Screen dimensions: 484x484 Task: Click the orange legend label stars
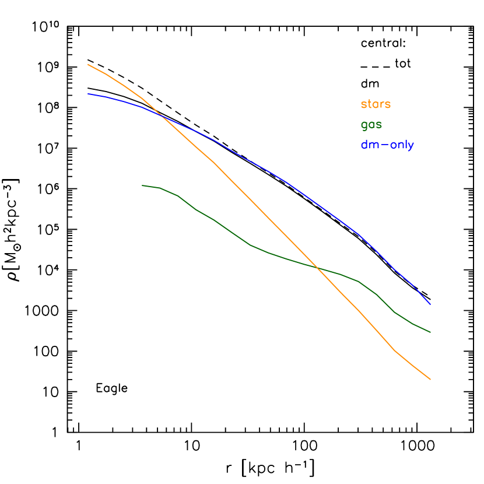(x=376, y=104)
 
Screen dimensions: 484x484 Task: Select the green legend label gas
(x=371, y=125)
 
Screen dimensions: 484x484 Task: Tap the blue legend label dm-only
(x=387, y=145)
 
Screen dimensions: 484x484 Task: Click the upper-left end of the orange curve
(x=87, y=64)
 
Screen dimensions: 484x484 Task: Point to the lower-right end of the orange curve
(x=430, y=380)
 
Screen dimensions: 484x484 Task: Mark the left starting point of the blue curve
(x=88, y=93)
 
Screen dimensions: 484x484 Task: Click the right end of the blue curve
(x=430, y=304)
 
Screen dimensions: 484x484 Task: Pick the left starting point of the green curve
(x=142, y=185)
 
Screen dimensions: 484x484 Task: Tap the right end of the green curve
(x=430, y=332)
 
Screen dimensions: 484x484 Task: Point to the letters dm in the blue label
(x=370, y=145)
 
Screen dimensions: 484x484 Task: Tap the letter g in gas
(x=364, y=126)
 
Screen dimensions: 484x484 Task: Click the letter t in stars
(x=370, y=104)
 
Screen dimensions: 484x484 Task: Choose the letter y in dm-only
(x=411, y=147)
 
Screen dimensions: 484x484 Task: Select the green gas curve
(x=233, y=233)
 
